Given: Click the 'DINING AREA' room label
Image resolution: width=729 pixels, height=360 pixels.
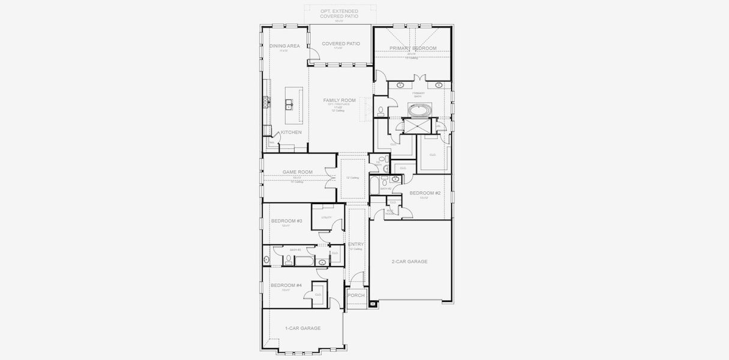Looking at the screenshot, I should coord(284,46).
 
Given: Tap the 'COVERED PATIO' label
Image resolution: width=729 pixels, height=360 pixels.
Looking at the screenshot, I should coord(341,44).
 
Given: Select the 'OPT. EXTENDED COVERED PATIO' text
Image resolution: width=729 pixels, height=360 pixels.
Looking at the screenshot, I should coord(339,14).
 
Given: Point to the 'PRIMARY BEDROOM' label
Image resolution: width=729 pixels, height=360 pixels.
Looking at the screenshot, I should coord(413,48).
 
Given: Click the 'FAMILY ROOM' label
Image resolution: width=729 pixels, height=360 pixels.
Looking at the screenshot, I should coord(340,100).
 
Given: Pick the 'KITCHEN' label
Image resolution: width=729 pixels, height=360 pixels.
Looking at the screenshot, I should coord(292,132).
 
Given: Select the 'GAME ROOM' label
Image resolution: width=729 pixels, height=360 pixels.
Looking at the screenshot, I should coord(298,172).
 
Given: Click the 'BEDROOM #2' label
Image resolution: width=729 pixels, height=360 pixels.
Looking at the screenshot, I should coord(425,193).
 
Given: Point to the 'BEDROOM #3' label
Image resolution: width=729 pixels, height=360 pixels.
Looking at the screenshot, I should coord(286,221).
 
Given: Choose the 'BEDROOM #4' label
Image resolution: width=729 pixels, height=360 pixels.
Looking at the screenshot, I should coord(286,286).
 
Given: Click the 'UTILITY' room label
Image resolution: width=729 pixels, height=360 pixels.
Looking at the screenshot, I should coord(326,217).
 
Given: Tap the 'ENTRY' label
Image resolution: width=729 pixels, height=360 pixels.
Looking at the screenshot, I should coord(356,244).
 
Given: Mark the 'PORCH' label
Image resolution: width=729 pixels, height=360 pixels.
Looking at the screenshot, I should coord(356,295).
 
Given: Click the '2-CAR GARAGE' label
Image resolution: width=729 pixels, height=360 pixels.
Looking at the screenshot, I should coord(409,262).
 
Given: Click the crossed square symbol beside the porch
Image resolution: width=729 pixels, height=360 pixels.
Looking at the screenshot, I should coord(373,304).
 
